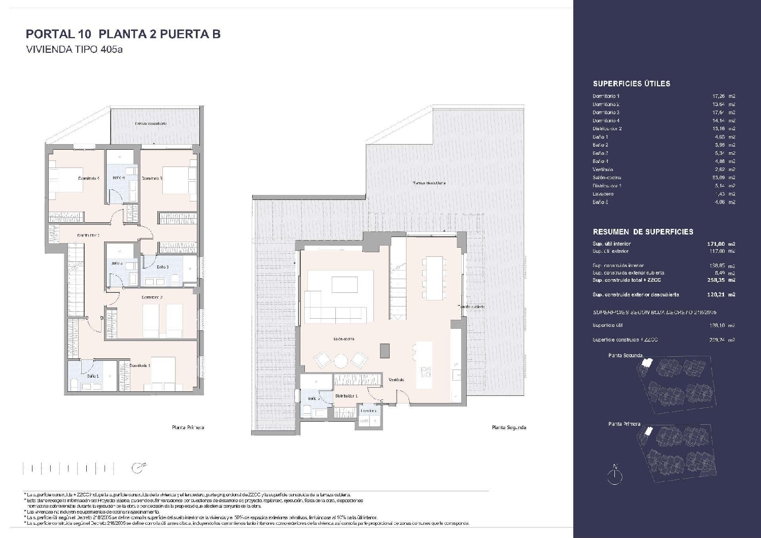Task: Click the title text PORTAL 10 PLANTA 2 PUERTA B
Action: [x=123, y=34]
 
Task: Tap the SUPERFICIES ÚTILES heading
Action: [x=631, y=84]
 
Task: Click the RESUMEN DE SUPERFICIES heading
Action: [x=643, y=232]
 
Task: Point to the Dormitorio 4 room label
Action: [x=88, y=178]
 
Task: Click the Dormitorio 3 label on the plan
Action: [x=151, y=178]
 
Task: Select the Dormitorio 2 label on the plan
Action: [x=151, y=297]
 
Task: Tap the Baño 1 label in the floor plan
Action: [x=92, y=376]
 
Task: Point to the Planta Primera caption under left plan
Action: [x=188, y=427]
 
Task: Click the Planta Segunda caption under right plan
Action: [x=508, y=427]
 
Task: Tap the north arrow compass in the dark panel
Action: [x=615, y=473]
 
